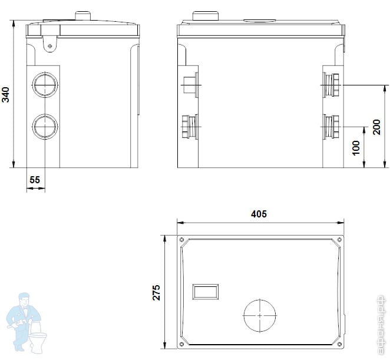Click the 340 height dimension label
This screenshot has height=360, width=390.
pos(5,94)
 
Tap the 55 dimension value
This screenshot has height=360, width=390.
pos(35,180)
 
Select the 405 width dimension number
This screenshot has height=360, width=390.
pos(259,214)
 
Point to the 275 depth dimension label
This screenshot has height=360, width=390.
pos(157,293)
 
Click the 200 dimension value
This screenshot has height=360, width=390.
pos(376,127)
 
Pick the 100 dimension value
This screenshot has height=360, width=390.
pos(356,148)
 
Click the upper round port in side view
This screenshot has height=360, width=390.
pos(45,85)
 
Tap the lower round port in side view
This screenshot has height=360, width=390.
pos(45,127)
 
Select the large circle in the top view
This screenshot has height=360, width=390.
pos(260,315)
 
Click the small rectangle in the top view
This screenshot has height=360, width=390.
pos(206,292)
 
